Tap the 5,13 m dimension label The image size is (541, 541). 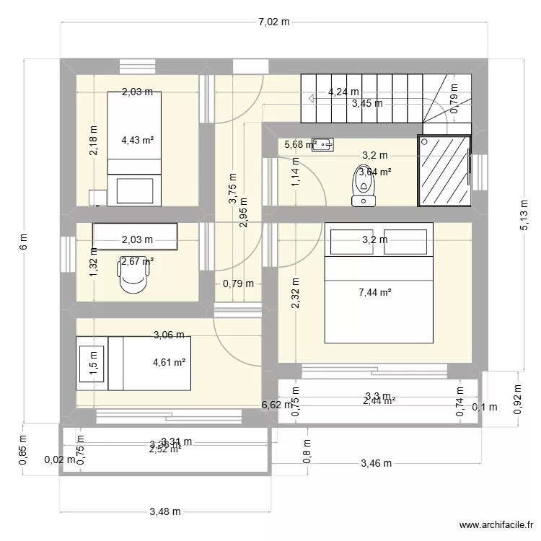click(524, 215)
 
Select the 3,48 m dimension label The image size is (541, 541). click(164, 511)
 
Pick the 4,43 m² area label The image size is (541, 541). click(137, 140)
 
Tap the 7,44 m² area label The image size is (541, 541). click(375, 292)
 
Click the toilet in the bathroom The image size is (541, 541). click(365, 186)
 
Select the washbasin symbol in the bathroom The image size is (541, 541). click(322, 144)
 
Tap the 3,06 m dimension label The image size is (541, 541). click(169, 335)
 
